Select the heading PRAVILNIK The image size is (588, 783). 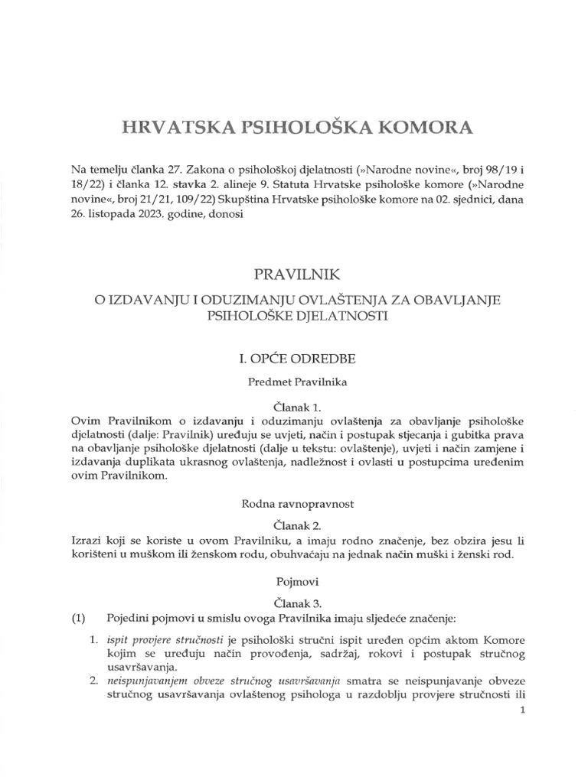tap(294, 272)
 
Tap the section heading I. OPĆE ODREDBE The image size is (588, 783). tap(294, 357)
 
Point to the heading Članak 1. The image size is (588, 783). tap(294, 408)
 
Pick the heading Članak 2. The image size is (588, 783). tap(294, 526)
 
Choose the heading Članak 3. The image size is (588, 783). tap(294, 603)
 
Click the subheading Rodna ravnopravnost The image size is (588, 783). tap(294, 503)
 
